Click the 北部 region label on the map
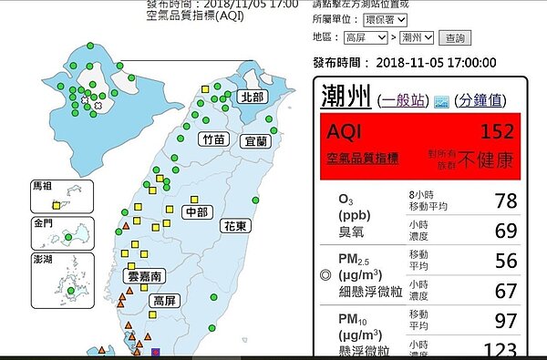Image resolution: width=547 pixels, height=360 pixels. (x=251, y=97)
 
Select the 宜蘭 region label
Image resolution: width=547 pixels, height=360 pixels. (x=256, y=141)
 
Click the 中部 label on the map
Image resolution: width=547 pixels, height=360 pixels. (x=195, y=212)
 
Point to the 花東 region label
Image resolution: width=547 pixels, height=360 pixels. (x=236, y=225)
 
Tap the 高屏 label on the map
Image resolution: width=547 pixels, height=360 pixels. (x=165, y=300)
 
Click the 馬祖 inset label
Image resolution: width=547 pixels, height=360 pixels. (x=43, y=185)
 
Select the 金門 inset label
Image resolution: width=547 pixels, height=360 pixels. (x=43, y=223)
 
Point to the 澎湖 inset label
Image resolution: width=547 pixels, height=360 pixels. (x=43, y=259)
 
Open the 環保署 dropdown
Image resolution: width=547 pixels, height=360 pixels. (x=386, y=19)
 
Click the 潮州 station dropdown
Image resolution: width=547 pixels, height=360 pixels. (x=417, y=37)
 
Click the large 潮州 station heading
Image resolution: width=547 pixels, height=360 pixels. (x=346, y=97)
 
